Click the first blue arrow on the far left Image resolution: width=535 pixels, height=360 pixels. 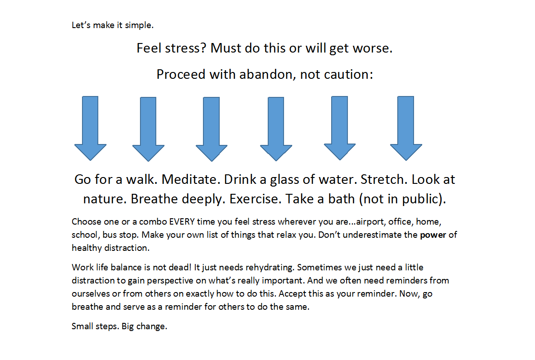[91, 128]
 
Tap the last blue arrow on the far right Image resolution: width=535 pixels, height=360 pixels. [406, 128]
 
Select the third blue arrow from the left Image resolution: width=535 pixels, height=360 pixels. [212, 129]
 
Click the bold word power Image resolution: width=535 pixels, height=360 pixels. [433, 235]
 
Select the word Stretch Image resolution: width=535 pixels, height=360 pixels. [382, 179]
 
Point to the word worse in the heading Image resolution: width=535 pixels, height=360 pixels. [371, 48]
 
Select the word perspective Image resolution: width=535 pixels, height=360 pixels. [171, 281]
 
